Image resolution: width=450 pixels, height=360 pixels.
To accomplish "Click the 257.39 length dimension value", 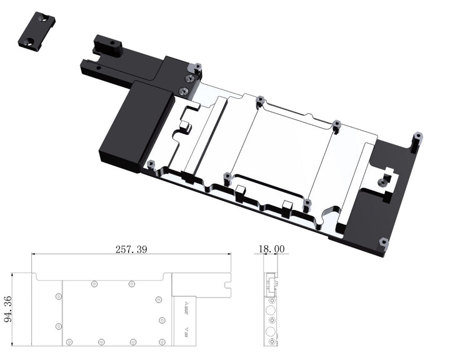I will click(131, 249).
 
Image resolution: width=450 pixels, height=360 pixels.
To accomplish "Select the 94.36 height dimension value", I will click(7, 309).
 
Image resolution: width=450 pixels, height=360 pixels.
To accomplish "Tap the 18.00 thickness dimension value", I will click(271, 249).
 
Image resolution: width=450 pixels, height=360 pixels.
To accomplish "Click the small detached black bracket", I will click(37, 32).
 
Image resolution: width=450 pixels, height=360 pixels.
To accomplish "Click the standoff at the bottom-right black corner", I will click(383, 241).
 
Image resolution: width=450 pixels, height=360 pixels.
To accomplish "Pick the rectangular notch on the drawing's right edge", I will click(227, 291).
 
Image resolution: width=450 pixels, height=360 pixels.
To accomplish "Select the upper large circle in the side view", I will click(271, 311).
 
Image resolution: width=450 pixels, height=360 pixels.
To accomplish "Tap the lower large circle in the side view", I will click(271, 329).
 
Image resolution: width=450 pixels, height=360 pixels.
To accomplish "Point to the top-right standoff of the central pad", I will click(336, 124).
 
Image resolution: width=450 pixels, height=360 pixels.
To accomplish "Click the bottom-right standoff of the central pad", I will click(307, 202).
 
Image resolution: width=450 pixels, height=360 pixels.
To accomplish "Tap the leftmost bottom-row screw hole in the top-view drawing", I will click(69, 342).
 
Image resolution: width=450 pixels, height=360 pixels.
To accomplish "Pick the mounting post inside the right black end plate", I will click(383, 181).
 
